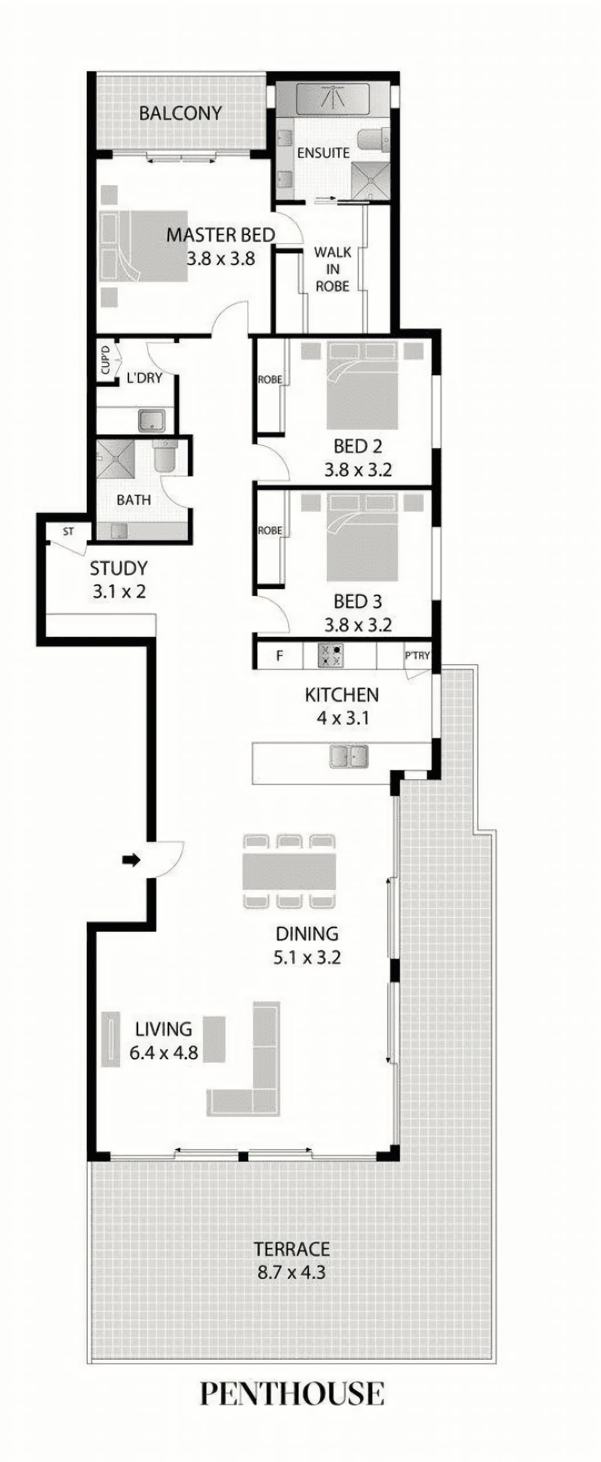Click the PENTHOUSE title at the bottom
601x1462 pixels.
pos(292,1394)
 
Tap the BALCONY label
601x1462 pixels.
pos(180,113)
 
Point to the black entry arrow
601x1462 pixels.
pos(131,859)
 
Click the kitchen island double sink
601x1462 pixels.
pos(349,756)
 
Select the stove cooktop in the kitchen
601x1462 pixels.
pos(331,656)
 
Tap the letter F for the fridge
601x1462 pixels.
pos(280,656)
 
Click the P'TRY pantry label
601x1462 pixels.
pos(417,655)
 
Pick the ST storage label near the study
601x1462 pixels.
pos(68,532)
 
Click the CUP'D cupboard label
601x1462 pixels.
pos(106,360)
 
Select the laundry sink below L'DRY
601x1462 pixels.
pos(152,420)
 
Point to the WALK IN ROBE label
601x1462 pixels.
pos(333,269)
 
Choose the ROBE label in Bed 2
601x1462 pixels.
pos(269,379)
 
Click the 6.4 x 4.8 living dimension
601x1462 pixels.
pos(164,1052)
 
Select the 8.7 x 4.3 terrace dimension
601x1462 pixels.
pos(292,1272)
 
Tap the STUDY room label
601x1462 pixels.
pos(119,568)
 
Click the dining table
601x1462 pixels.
pos(289,871)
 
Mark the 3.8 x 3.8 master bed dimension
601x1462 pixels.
pos(221,259)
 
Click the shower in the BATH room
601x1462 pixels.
pos(116,458)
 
